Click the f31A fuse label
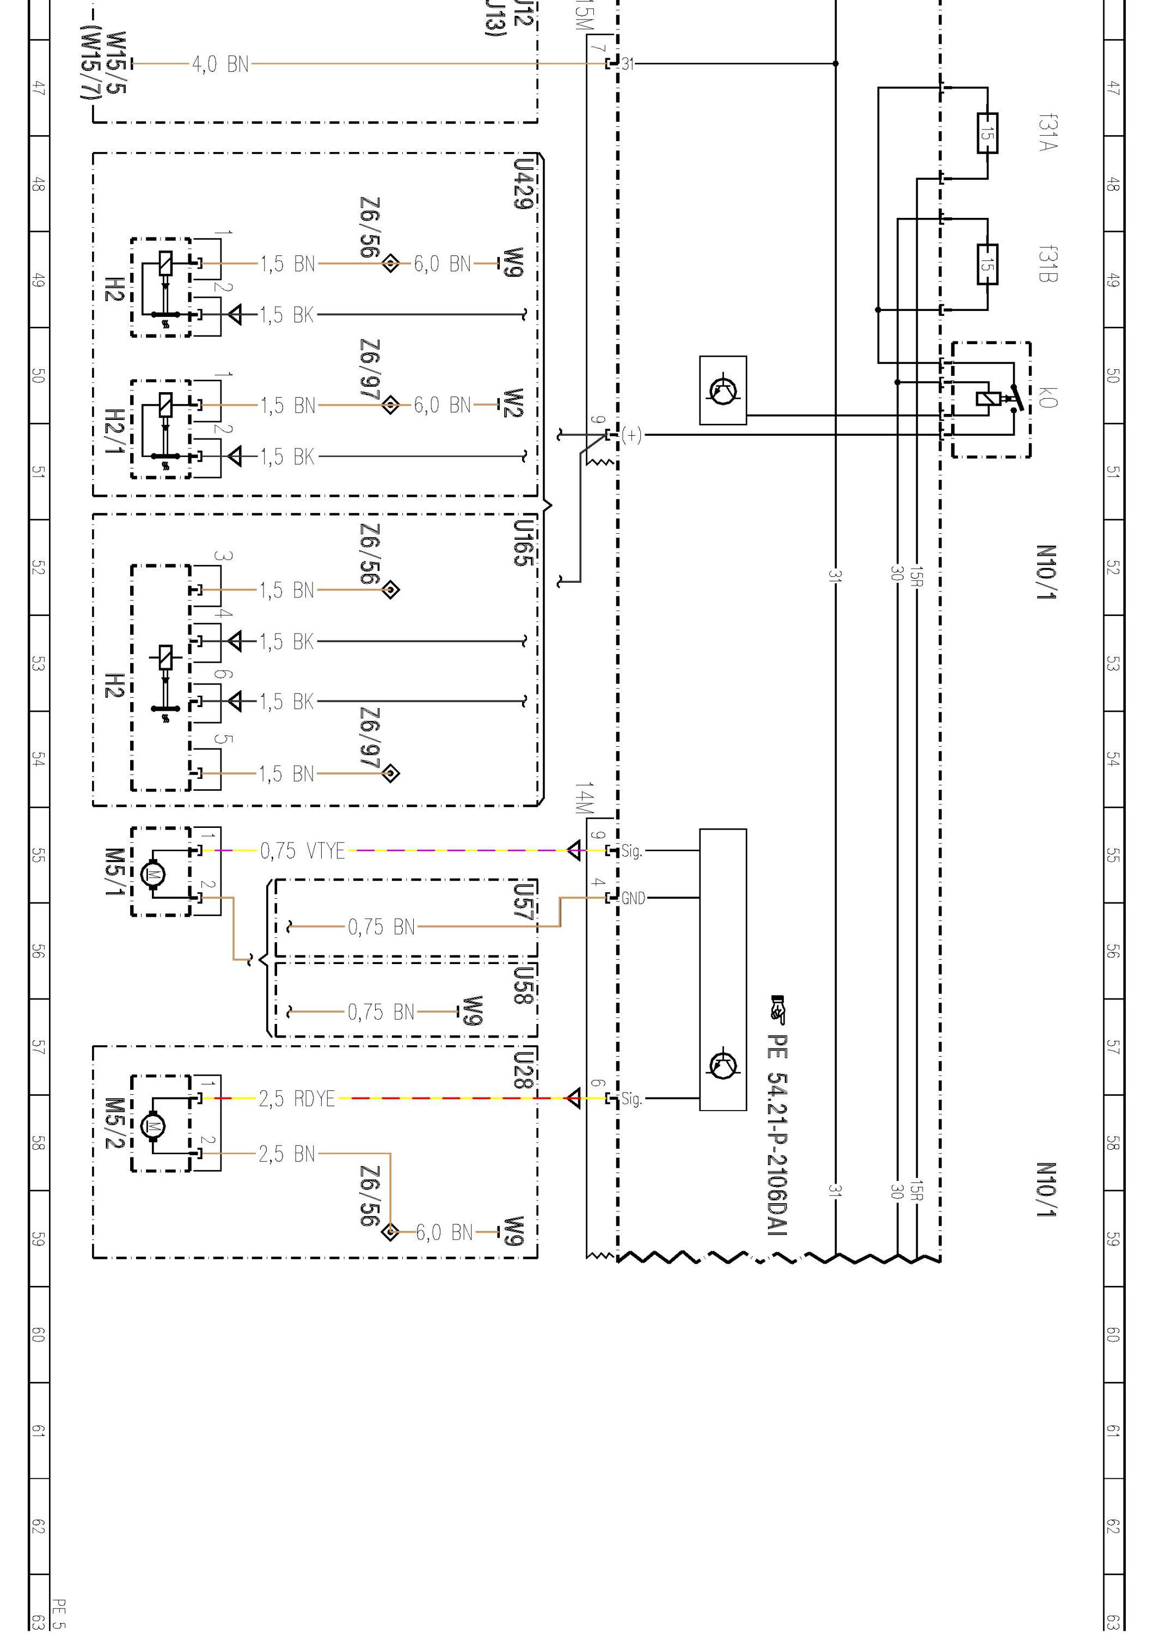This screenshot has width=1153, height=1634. (x=1048, y=132)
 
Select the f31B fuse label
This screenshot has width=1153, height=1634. (x=1048, y=264)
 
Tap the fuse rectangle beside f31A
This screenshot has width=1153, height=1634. (x=988, y=132)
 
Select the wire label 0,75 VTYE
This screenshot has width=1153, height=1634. (x=302, y=850)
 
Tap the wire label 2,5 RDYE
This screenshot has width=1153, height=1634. (x=297, y=1099)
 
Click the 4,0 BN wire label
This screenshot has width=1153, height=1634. (x=220, y=65)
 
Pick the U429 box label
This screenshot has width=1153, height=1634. (x=523, y=184)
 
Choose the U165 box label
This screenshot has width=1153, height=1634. (x=523, y=542)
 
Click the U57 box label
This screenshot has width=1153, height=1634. (x=523, y=903)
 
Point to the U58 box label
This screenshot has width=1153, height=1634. (x=523, y=985)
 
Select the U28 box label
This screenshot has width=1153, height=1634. (x=523, y=1068)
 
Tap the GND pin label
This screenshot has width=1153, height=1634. (x=633, y=899)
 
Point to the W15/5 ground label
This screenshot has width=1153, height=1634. (x=116, y=63)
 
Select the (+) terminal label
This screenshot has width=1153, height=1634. (x=631, y=435)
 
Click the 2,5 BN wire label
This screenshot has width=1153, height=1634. (x=287, y=1154)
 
